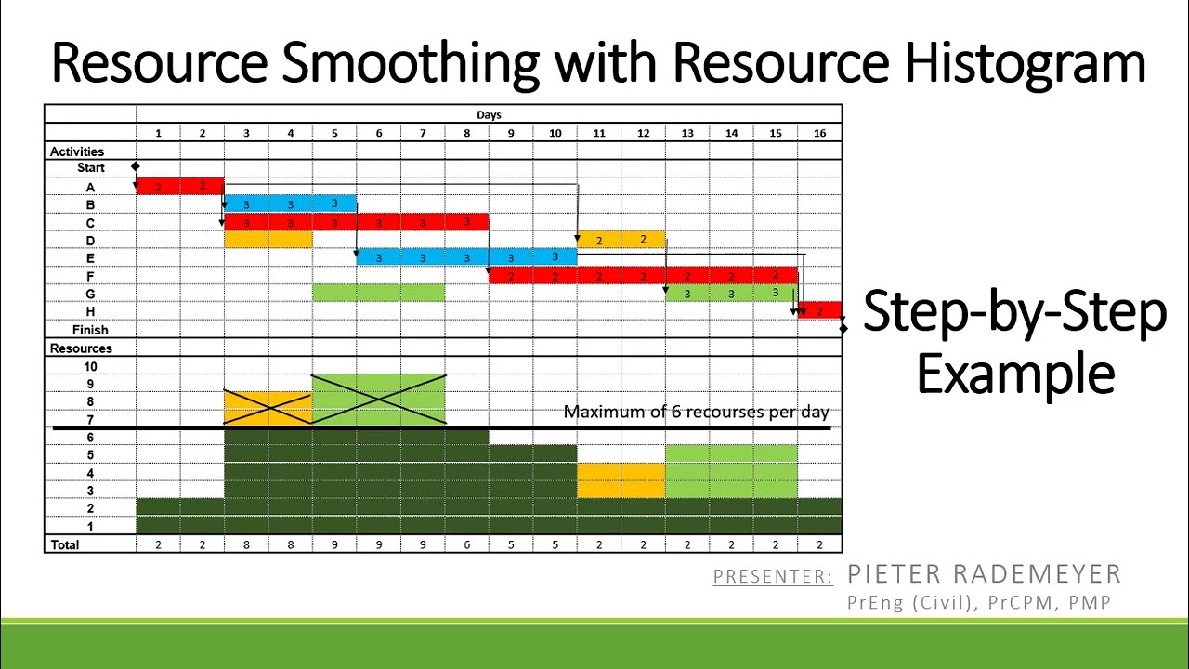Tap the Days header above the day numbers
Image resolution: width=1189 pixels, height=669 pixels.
click(x=489, y=114)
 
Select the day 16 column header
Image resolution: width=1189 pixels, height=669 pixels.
click(x=819, y=133)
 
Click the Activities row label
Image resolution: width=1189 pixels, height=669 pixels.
click(x=77, y=151)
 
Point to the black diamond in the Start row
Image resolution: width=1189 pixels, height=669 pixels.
click(x=136, y=167)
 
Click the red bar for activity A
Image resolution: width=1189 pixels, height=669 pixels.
click(x=180, y=187)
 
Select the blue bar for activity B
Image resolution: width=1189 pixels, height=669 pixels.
click(x=290, y=204)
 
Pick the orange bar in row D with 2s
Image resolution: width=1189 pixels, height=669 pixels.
click(x=621, y=240)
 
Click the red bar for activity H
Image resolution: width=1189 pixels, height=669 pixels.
click(x=819, y=311)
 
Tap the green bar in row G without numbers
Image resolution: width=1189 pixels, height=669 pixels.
click(x=378, y=294)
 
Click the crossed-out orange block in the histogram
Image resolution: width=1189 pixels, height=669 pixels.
click(x=268, y=407)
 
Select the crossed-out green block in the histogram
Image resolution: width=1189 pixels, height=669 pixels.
click(x=378, y=400)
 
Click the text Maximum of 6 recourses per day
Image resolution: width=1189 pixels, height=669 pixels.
click(x=696, y=412)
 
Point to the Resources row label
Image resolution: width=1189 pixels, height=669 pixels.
click(x=81, y=348)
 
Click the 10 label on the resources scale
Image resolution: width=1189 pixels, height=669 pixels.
click(x=90, y=366)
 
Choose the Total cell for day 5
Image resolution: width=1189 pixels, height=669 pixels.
click(x=334, y=544)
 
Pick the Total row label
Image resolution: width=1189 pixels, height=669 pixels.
click(x=65, y=544)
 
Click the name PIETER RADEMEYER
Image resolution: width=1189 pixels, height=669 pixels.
click(x=984, y=574)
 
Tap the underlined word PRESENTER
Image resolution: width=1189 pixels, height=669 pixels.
click(x=772, y=577)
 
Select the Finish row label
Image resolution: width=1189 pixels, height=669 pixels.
click(x=90, y=330)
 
